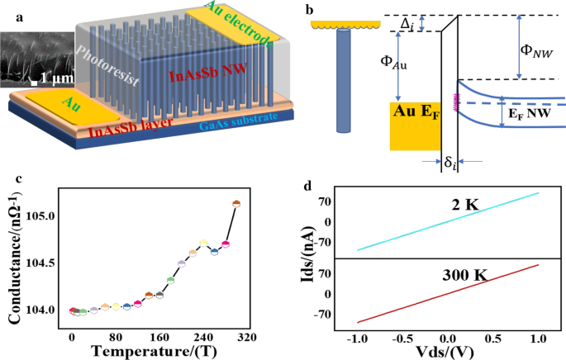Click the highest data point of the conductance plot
236,202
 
